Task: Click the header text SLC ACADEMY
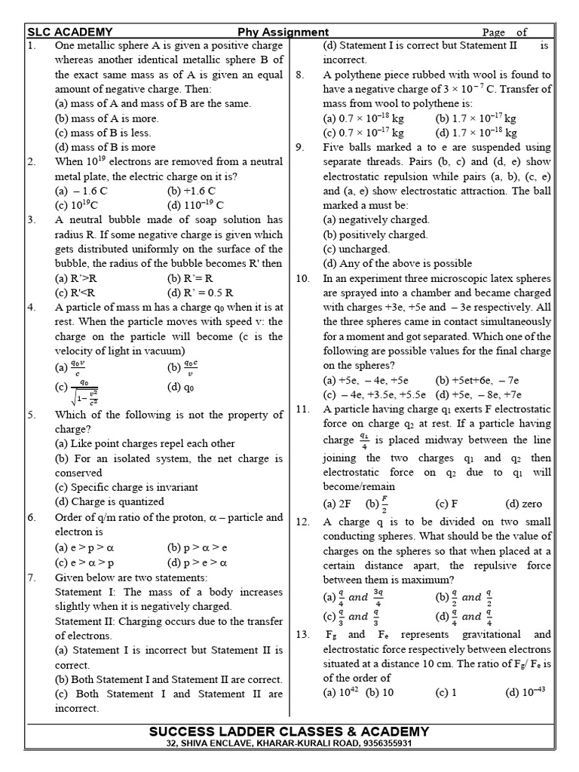pyautogui.click(x=70, y=32)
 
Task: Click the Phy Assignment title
pyautogui.click(x=283, y=32)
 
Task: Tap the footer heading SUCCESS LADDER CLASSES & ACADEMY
pyautogui.click(x=289, y=731)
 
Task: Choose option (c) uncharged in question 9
pyautogui.click(x=356, y=249)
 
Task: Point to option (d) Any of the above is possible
pyautogui.click(x=397, y=263)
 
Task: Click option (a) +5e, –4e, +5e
pyautogui.click(x=366, y=380)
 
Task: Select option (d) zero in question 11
pyautogui.click(x=523, y=504)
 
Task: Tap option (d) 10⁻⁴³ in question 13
pyautogui.click(x=523, y=692)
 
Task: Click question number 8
pyautogui.click(x=300, y=75)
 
